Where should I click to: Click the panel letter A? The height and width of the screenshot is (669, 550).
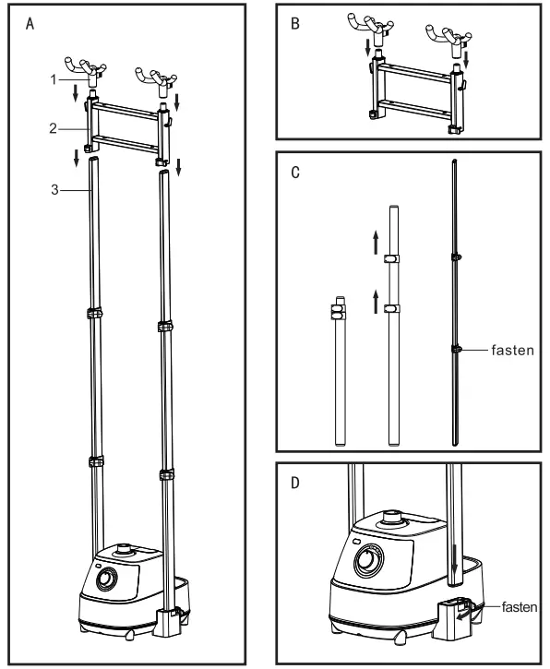(x=30, y=25)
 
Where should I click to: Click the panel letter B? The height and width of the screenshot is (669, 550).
(x=295, y=25)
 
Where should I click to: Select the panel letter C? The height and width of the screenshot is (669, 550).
(x=295, y=173)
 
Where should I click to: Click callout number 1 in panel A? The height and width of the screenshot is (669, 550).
(x=54, y=79)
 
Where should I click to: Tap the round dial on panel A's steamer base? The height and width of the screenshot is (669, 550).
(x=107, y=580)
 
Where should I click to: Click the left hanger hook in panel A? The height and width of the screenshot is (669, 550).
(x=88, y=70)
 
